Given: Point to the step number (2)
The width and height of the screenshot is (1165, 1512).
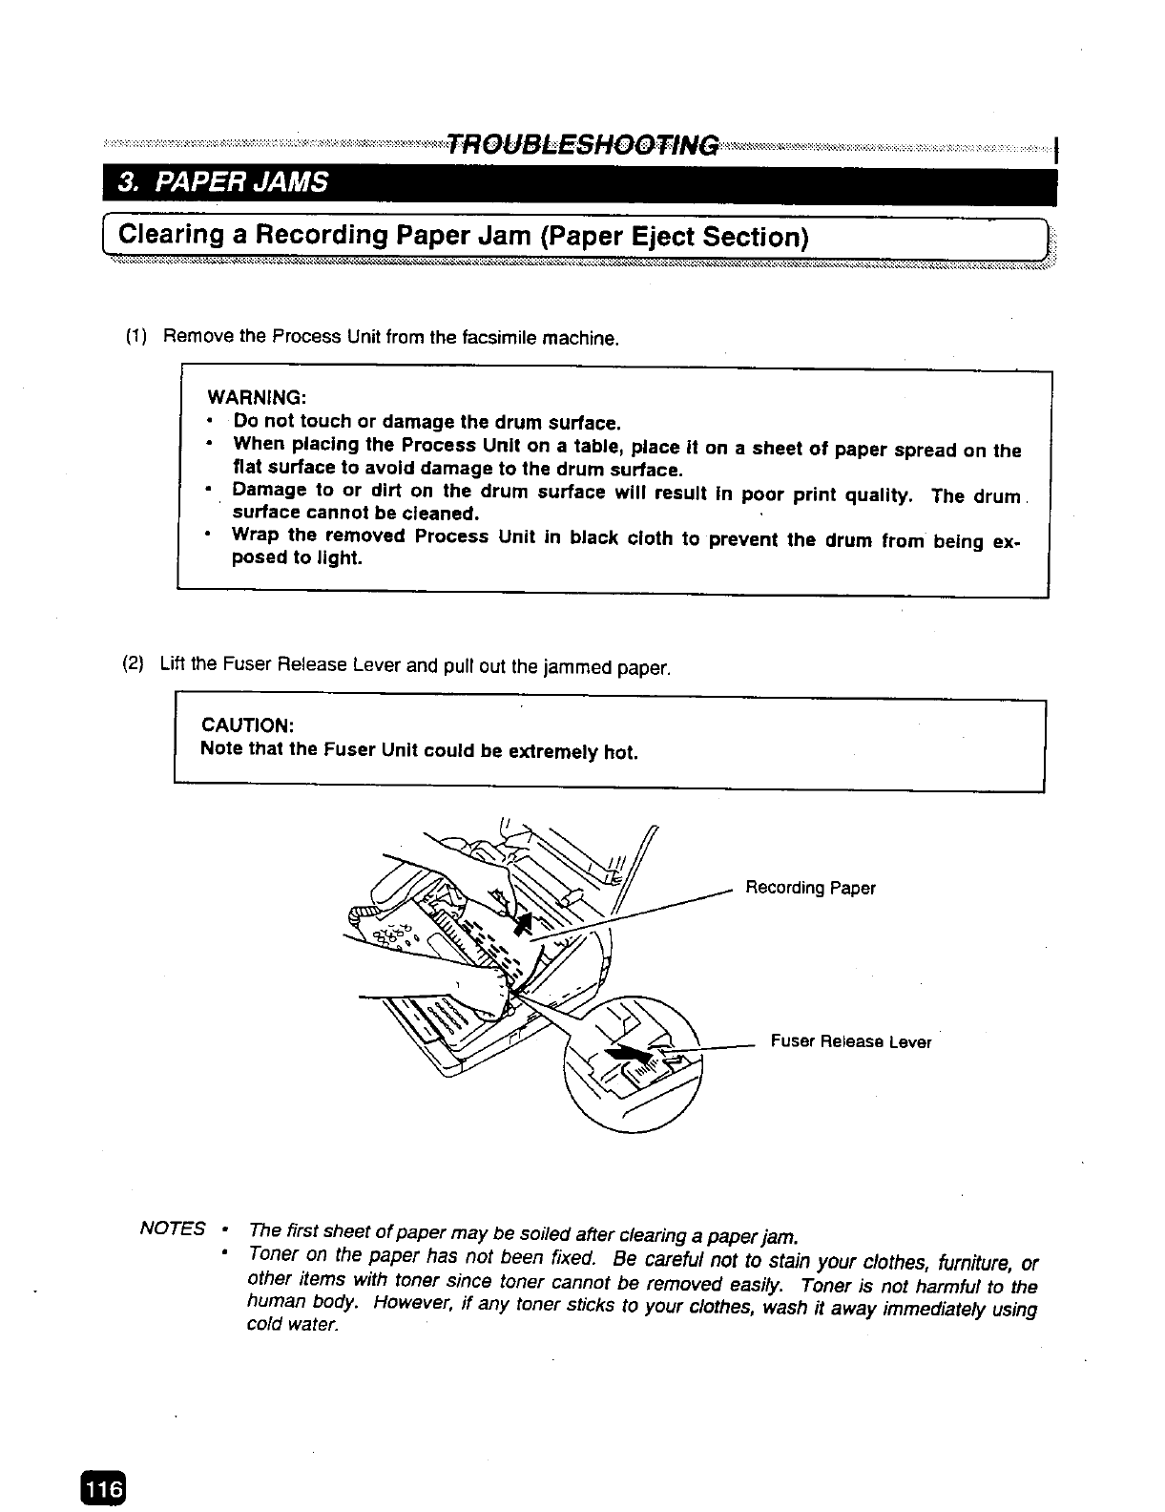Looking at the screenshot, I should pyautogui.click(x=134, y=664).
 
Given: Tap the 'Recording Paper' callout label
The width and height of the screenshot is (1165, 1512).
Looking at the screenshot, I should pyautogui.click(x=810, y=889).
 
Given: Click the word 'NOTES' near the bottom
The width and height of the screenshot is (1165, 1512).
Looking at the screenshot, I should pyautogui.click(x=173, y=1228).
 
